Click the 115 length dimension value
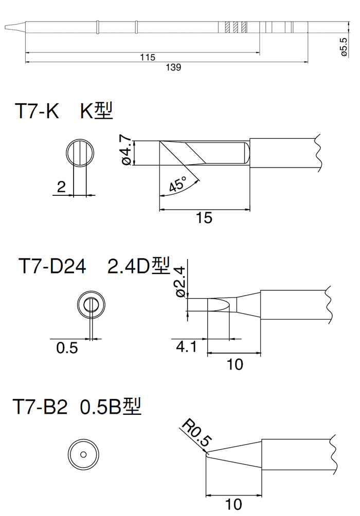pyautogui.click(x=147, y=57)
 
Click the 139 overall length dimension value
pyautogui.click(x=173, y=67)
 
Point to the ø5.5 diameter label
pyautogui.click(x=344, y=47)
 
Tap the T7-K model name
pyautogui.click(x=37, y=110)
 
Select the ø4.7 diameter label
pyautogui.click(x=127, y=152)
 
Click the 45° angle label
pyautogui.click(x=178, y=183)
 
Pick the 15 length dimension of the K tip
pyautogui.click(x=204, y=218)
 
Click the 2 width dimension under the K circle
pyautogui.click(x=61, y=187)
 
